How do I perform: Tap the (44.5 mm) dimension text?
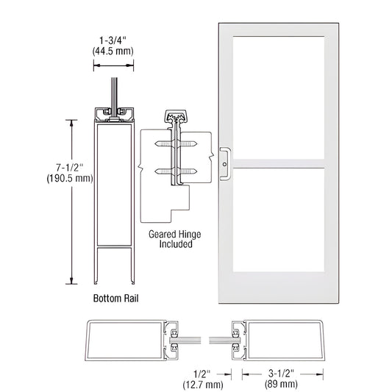pos(112,54)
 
